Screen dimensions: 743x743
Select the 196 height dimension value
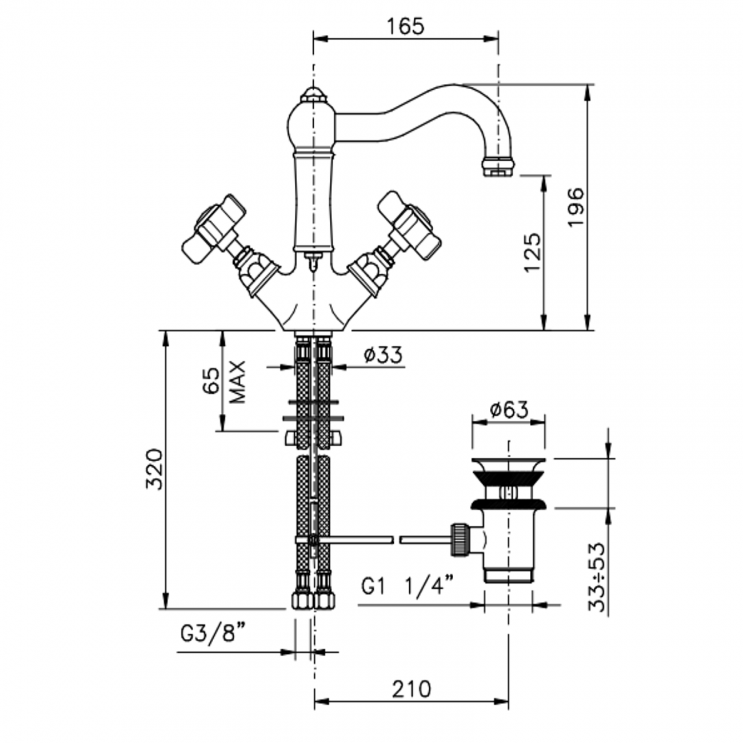point(576,207)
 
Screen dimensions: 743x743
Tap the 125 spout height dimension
point(532,252)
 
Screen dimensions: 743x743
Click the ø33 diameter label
point(383,355)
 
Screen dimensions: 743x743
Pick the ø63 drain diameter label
point(509,410)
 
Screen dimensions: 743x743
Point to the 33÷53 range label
point(598,577)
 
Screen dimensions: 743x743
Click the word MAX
point(237,382)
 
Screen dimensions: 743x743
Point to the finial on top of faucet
point(312,94)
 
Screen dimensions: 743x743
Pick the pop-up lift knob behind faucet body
point(312,262)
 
